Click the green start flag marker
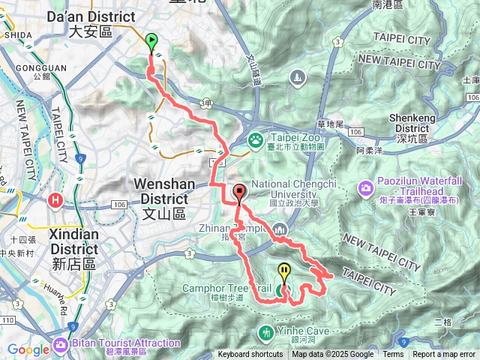(152, 42)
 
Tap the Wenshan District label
(160, 191)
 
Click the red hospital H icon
(55, 201)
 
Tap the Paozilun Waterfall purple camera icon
(365, 187)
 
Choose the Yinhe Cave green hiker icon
(265, 331)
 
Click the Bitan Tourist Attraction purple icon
(59, 346)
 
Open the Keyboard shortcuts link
(250, 355)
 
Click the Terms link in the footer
(393, 355)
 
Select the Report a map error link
(445, 355)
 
